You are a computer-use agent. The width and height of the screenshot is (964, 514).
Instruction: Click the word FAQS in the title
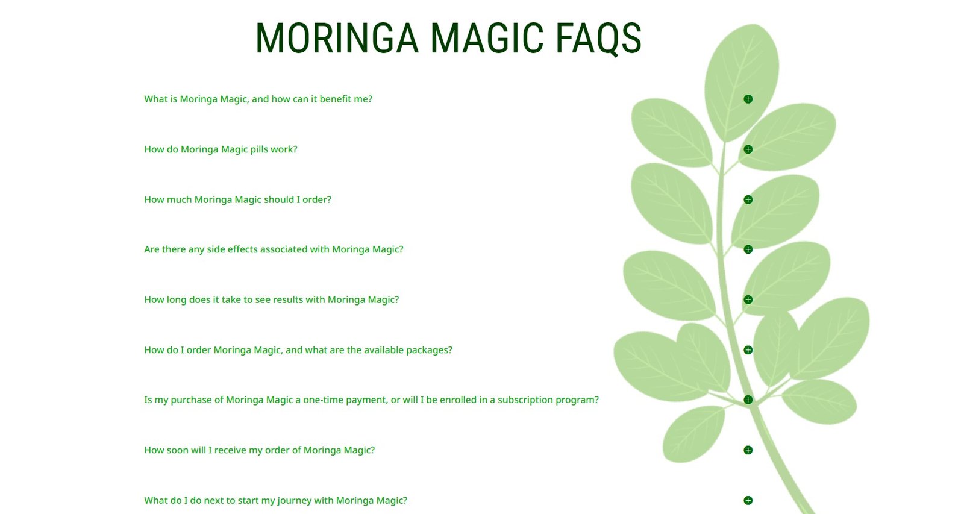[599, 39]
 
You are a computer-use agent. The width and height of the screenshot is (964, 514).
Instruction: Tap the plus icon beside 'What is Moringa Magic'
[748, 99]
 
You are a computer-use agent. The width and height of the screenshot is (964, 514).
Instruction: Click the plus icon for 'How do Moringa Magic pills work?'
[748, 149]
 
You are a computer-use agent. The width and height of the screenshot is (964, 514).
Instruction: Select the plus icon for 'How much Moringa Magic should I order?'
[748, 199]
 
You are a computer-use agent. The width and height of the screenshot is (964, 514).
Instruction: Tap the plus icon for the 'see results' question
[748, 299]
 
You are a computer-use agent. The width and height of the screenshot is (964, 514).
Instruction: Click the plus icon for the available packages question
[748, 350]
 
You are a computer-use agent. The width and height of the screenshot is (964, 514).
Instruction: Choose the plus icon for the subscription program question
[748, 400]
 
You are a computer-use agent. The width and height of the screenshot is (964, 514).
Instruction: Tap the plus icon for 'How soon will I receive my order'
[748, 450]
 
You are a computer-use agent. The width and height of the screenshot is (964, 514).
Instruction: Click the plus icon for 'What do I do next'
[748, 500]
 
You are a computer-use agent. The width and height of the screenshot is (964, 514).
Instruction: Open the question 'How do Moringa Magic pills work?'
[221, 149]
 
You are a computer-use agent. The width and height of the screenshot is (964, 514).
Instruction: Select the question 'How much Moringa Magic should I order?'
[237, 199]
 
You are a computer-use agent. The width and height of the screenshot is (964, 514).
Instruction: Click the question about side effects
[274, 249]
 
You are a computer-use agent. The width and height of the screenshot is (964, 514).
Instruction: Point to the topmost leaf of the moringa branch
[742, 82]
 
